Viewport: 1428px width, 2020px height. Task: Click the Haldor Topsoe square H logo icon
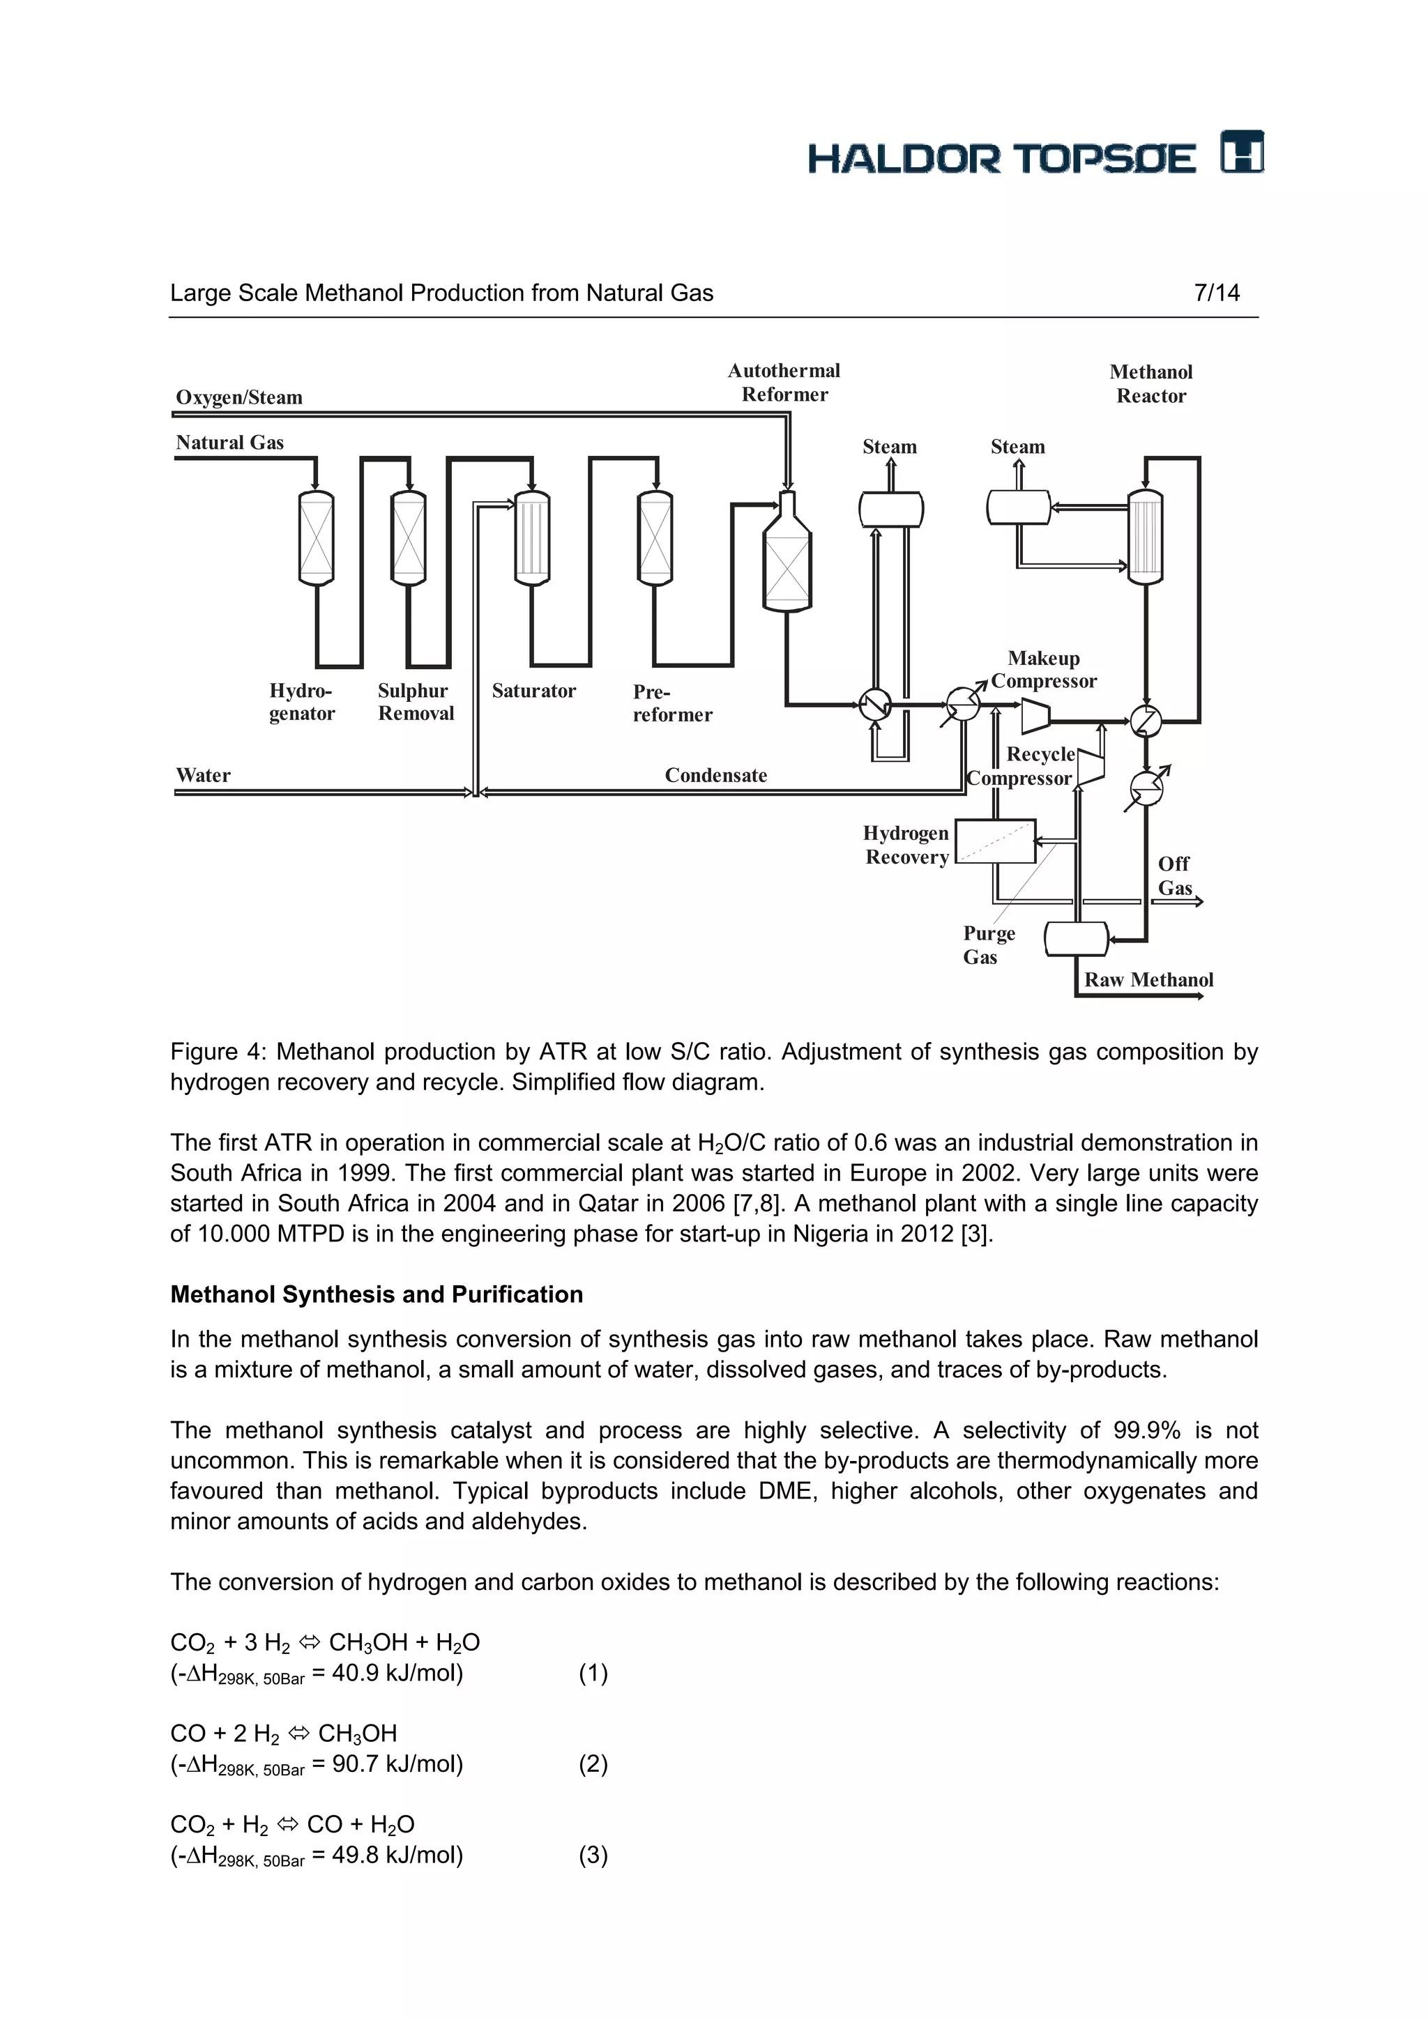[x=1241, y=152]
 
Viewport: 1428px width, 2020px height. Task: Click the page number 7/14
[x=1216, y=293]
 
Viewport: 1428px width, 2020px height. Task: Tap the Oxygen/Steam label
[x=238, y=398]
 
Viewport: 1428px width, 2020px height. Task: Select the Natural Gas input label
[x=229, y=443]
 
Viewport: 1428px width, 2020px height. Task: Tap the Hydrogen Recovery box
[x=995, y=842]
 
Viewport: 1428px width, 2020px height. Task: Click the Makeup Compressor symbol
[x=1035, y=715]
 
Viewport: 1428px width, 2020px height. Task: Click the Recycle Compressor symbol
[x=1091, y=767]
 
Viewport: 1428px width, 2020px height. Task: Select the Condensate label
[x=715, y=776]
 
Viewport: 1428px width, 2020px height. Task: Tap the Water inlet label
[x=202, y=776]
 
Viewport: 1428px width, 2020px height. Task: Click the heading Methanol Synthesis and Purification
[x=377, y=1294]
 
